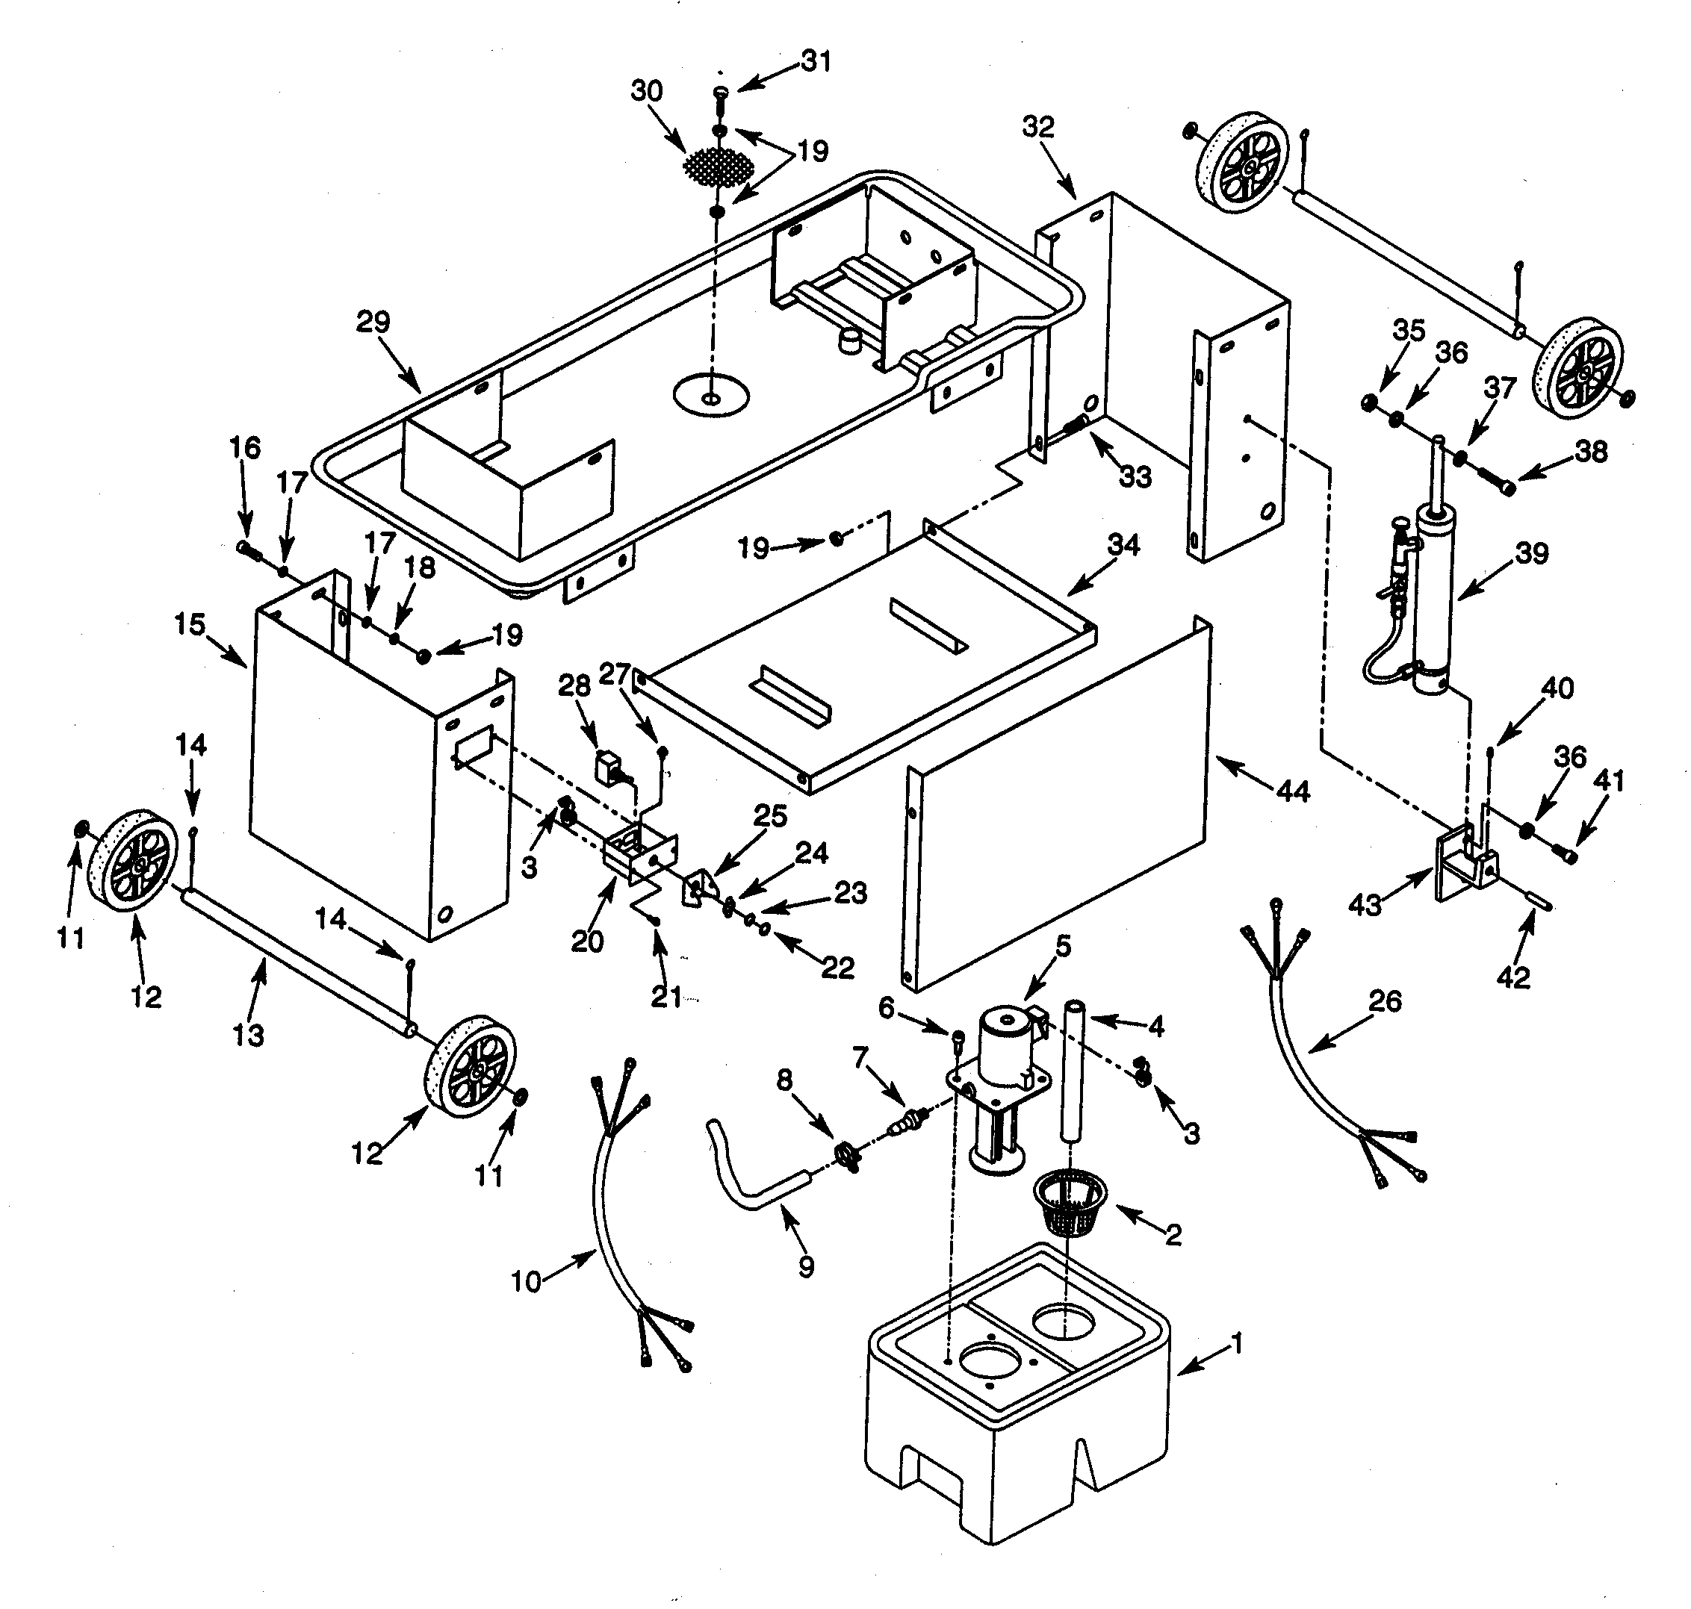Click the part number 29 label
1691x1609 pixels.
point(373,323)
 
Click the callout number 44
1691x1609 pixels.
point(1293,790)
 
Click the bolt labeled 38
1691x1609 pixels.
point(1503,485)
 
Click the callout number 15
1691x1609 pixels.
point(190,624)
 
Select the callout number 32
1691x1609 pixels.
point(1038,126)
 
